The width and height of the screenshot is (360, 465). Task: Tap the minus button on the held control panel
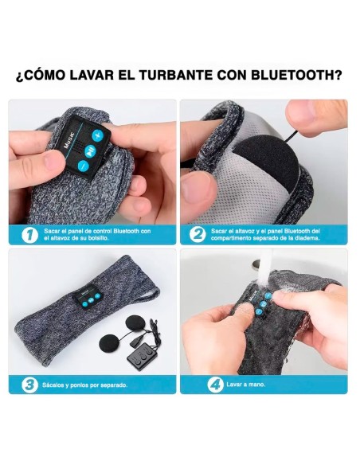[x=82, y=166]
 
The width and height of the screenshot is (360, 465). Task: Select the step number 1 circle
[x=29, y=234]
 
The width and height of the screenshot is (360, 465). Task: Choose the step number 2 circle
[x=198, y=234]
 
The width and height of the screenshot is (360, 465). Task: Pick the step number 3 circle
[x=29, y=384]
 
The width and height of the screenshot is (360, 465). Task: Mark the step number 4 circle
[x=214, y=384]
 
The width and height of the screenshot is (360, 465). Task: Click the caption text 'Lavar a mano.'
[x=248, y=385]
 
